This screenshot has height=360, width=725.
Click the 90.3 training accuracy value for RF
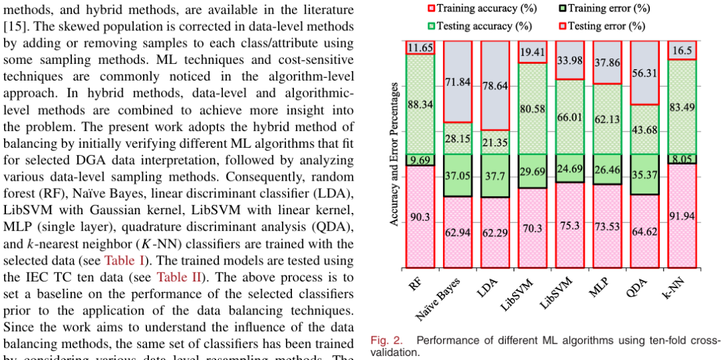[420, 217]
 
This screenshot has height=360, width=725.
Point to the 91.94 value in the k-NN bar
[681, 216]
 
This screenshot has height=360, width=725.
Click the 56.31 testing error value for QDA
[644, 73]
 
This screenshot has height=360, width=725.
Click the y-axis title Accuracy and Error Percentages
[395, 154]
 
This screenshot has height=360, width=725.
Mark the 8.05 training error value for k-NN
[681, 159]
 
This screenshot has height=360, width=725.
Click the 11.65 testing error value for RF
[420, 48]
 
